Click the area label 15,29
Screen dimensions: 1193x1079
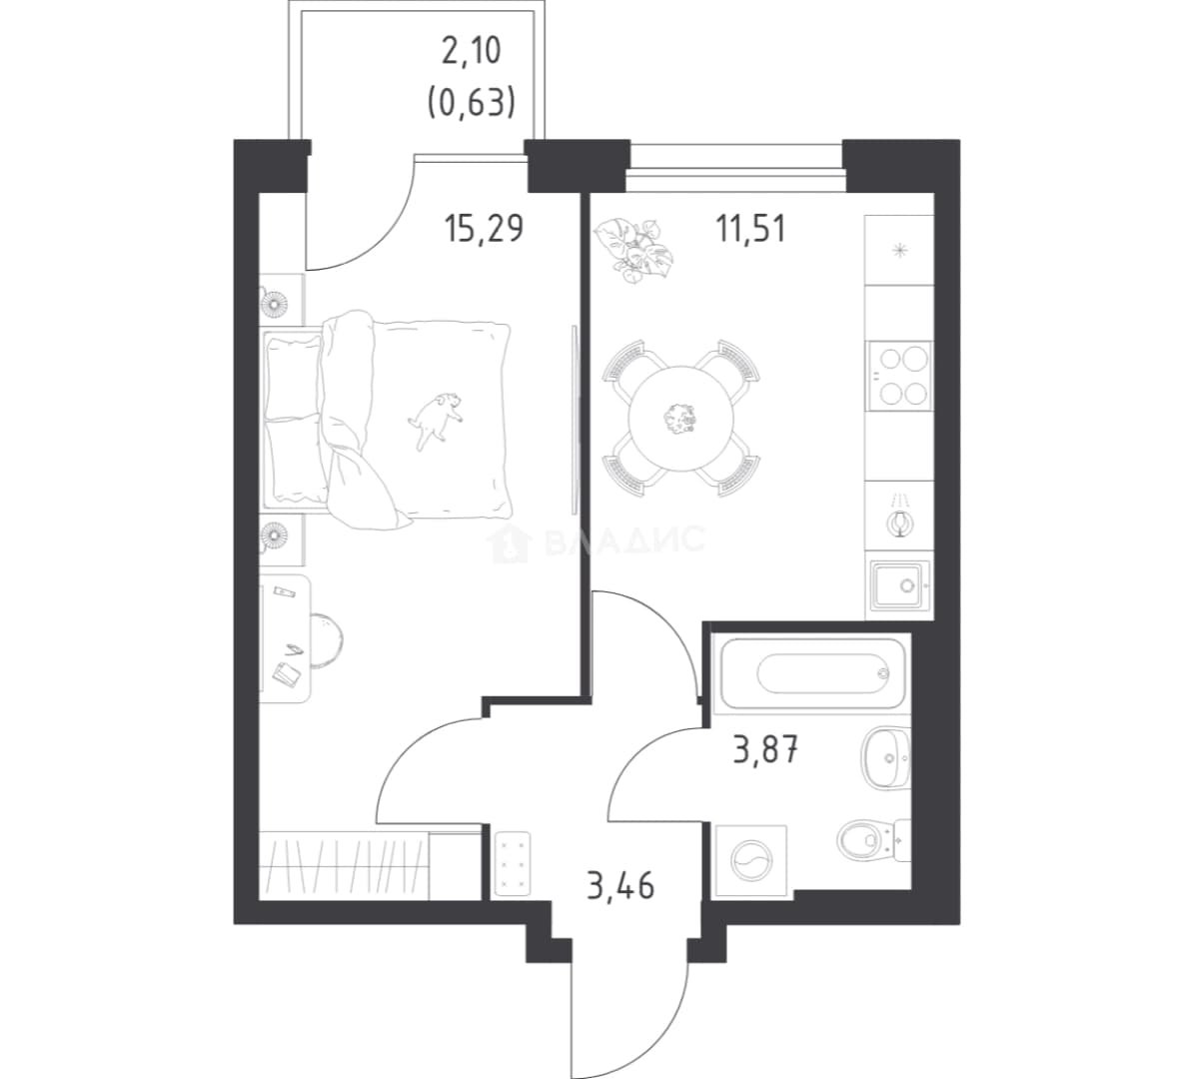tap(485, 228)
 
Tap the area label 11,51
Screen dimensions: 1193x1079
tap(750, 228)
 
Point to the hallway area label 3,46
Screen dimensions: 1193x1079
tap(620, 886)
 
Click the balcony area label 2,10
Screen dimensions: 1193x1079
tap(472, 51)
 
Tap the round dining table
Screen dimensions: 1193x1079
tap(681, 417)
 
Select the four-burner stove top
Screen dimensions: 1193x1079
tap(899, 375)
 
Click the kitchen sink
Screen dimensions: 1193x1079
tap(900, 585)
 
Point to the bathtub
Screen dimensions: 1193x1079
tap(811, 674)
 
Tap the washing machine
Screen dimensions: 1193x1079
tap(752, 860)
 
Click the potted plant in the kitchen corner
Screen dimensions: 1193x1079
tap(633, 249)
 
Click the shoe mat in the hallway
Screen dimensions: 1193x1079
tap(512, 863)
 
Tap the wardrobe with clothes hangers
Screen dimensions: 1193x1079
tap(344, 866)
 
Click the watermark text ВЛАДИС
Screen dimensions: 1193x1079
tap(624, 539)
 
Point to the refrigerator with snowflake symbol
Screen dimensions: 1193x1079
tap(899, 251)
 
